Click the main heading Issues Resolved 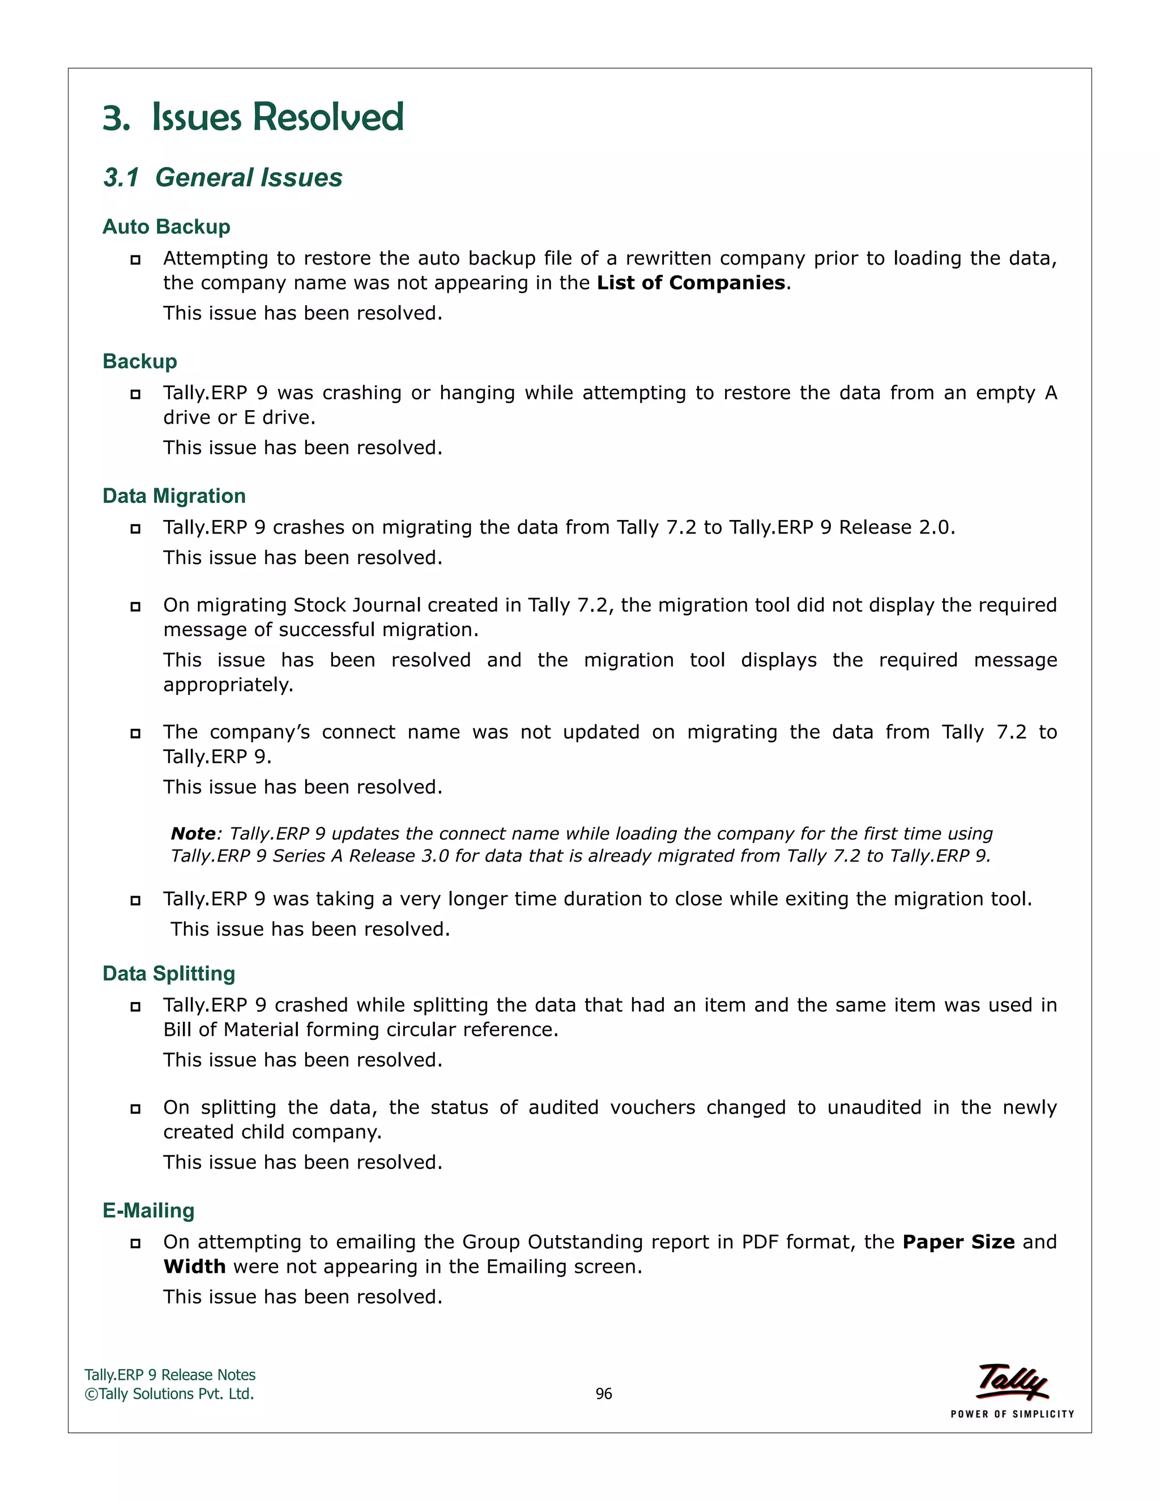(x=253, y=116)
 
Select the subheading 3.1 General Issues (x=223, y=177)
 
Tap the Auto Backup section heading (x=167, y=227)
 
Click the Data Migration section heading (x=174, y=496)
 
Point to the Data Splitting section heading (x=168, y=973)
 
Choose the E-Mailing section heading (x=148, y=1210)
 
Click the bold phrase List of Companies (x=690, y=283)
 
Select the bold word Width (x=194, y=1267)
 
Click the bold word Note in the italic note (x=193, y=834)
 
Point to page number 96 (x=603, y=1394)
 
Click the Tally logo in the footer (x=1012, y=1381)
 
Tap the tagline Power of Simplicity (x=1012, y=1414)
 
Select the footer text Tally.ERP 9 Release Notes (x=170, y=1375)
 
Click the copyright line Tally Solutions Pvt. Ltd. (x=170, y=1394)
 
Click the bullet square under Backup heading (x=135, y=394)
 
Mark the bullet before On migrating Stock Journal (x=135, y=607)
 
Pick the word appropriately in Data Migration (x=228, y=685)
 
